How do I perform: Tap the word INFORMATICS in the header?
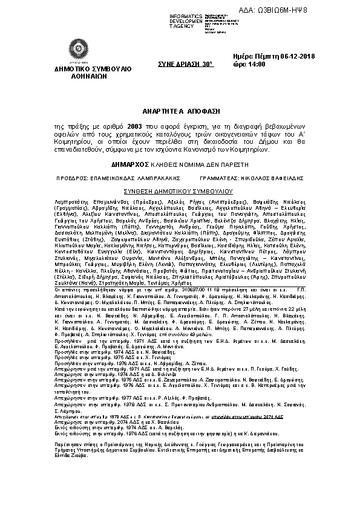click(185, 16)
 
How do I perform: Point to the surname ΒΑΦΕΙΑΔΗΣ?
click(280, 179)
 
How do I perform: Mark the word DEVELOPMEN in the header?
click(185, 21)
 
